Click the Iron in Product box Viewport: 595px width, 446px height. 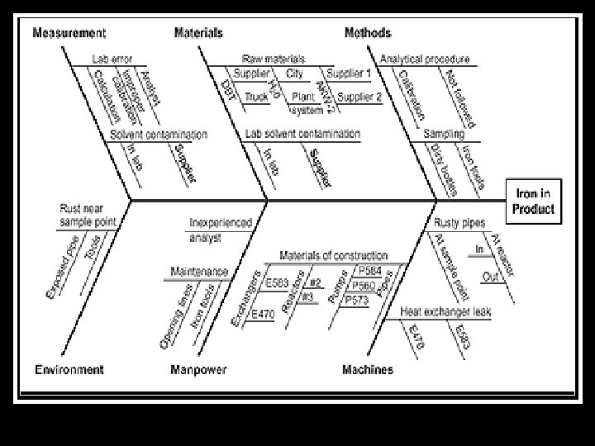pyautogui.click(x=535, y=201)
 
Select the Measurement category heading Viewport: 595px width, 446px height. pyautogui.click(x=69, y=33)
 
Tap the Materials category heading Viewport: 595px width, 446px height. pyautogui.click(x=198, y=33)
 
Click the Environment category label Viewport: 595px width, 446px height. pyautogui.click(x=69, y=369)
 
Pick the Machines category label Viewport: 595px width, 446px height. pyautogui.click(x=368, y=369)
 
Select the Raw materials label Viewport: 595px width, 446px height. pyautogui.click(x=273, y=59)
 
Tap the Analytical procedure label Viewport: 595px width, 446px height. pyautogui.click(x=425, y=59)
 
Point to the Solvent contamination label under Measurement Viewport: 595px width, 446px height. pyautogui.click(x=158, y=134)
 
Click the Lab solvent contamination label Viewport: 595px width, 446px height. pyautogui.click(x=302, y=134)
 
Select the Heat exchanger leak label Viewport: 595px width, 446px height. pyautogui.click(x=436, y=311)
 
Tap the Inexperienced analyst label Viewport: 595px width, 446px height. pyautogui.click(x=217, y=229)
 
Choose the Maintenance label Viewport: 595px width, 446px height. pyautogui.click(x=199, y=272)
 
